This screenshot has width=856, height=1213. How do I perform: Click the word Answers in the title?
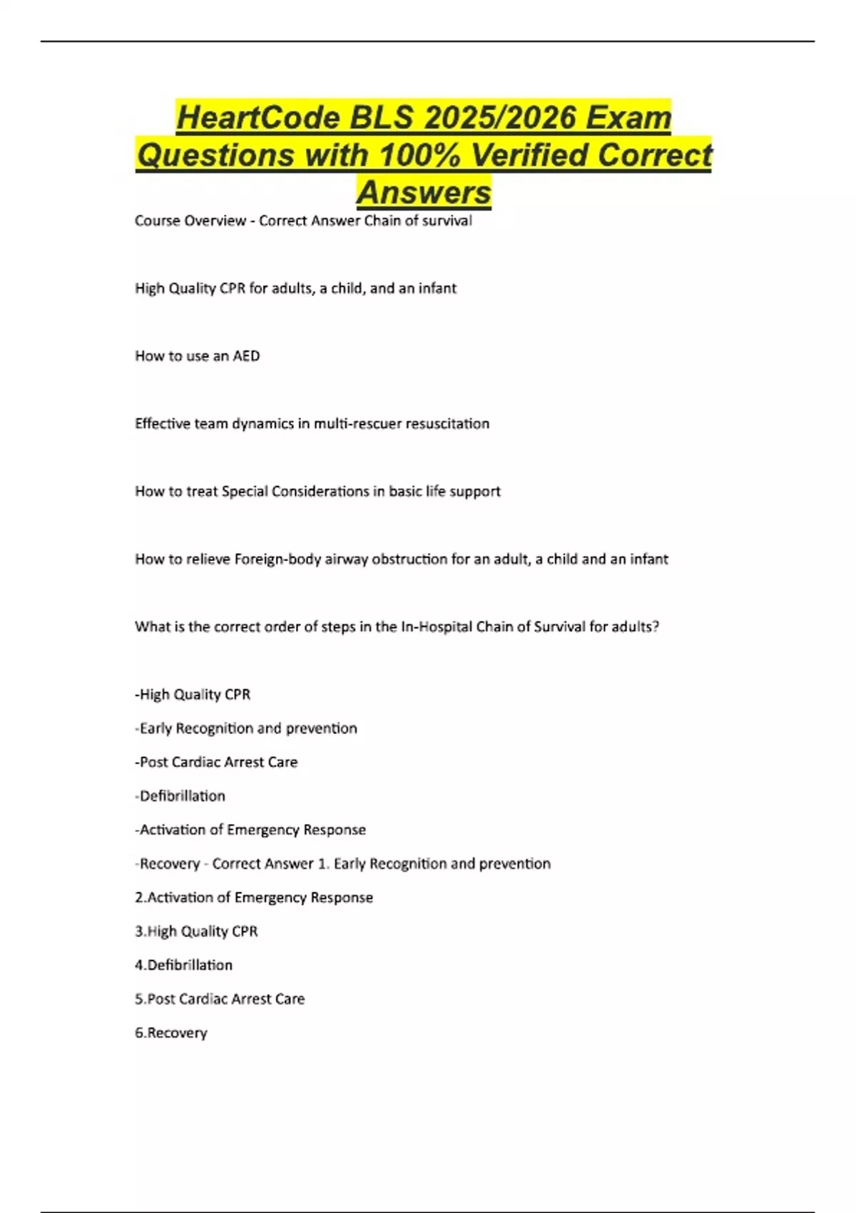[x=424, y=192]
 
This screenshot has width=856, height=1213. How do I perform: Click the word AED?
[x=246, y=356]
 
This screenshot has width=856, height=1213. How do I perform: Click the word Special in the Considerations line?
[x=248, y=492]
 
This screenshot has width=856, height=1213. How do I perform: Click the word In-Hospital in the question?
[x=436, y=627]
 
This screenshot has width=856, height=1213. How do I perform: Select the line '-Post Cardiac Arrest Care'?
[x=216, y=762]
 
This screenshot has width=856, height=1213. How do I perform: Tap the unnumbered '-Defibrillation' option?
[x=180, y=796]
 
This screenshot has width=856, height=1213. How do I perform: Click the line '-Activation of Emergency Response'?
[x=250, y=830]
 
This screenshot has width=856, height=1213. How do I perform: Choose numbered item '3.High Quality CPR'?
[x=196, y=931]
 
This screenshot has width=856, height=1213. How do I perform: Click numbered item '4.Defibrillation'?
[x=183, y=965]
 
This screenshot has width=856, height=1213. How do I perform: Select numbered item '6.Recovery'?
[x=171, y=1033]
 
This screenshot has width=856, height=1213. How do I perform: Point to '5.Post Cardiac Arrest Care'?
[x=220, y=999]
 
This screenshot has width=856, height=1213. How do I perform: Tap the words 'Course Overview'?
[x=190, y=221]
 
